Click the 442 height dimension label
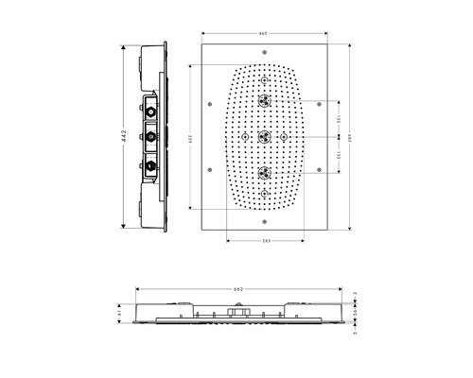coord(123,136)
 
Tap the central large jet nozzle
coord(265,136)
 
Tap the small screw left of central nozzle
coord(245,136)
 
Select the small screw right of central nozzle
coord(285,136)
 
